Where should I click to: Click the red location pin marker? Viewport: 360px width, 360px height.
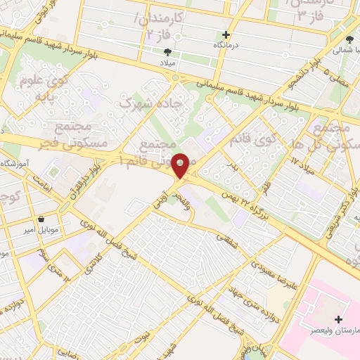coord(180,166)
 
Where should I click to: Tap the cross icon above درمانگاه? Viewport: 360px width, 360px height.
coord(226,34)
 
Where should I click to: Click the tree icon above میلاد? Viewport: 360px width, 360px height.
coord(167,52)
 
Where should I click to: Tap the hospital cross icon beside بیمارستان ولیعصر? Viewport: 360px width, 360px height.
coord(339,319)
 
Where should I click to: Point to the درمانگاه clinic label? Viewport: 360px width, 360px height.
coord(226,44)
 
